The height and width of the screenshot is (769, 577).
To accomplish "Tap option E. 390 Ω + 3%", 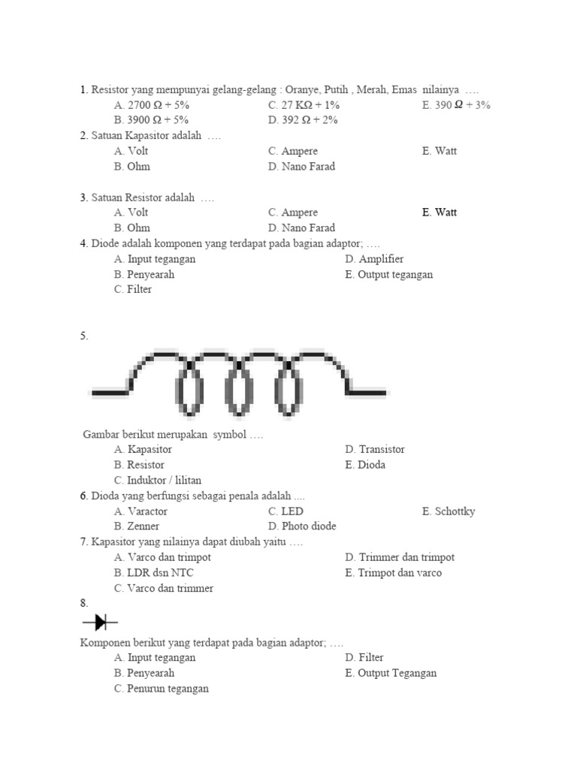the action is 456,105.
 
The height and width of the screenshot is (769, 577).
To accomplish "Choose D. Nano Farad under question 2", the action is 301,167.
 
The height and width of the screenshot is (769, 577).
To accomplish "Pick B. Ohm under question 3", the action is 132,228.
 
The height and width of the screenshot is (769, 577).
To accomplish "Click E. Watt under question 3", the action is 440,213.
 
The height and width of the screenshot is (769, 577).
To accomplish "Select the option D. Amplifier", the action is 374,259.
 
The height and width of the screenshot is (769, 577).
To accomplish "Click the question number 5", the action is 84,336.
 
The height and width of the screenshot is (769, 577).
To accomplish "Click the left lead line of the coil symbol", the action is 110,391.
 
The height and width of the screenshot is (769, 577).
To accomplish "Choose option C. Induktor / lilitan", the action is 158,480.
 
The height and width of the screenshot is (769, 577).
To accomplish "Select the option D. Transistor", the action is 375,449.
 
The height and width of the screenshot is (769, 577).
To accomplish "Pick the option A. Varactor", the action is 141,511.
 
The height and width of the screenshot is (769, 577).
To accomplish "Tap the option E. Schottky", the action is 449,511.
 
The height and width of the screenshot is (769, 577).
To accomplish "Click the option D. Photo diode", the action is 302,526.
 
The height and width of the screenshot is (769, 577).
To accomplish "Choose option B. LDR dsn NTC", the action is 154,573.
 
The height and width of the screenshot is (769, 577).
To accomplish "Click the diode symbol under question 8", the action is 98,622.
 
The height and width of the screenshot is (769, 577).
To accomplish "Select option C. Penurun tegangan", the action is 162,689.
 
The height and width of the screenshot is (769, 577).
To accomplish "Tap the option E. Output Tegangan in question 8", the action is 391,673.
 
